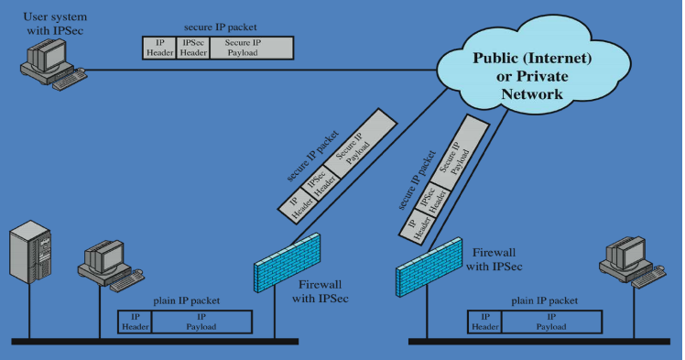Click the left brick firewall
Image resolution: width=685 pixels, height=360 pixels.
[x=288, y=261]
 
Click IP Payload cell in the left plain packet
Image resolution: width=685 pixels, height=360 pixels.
[x=201, y=322]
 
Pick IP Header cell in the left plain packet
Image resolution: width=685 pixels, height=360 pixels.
[x=135, y=322]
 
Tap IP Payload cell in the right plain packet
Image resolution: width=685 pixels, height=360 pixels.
[x=549, y=322]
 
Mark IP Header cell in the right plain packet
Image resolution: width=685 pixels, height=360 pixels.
[x=483, y=322]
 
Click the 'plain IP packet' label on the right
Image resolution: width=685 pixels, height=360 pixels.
[x=544, y=300]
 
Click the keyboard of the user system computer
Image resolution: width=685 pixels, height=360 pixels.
[x=70, y=81]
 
